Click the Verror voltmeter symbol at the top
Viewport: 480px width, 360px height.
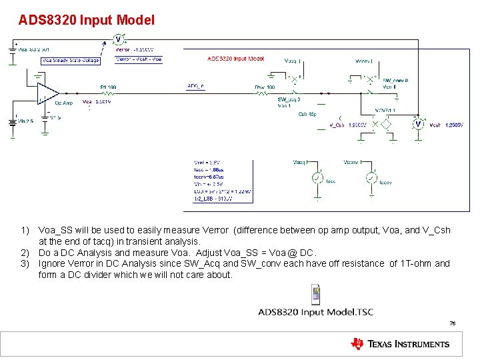coord(118,39)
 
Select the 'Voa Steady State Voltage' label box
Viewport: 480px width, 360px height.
coord(70,60)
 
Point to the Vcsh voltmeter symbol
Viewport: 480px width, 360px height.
coord(418,124)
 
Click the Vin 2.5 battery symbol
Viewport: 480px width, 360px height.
coord(13,122)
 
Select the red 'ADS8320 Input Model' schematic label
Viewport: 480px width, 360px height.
coord(236,59)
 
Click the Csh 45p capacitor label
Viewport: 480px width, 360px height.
coord(307,113)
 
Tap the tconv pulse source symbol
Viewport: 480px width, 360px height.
coord(371,178)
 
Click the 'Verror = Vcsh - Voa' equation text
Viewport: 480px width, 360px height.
coord(139,59)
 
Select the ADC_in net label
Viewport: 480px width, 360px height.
coord(195,85)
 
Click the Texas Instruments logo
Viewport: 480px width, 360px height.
coord(400,344)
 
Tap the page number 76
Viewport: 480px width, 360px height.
coord(452,323)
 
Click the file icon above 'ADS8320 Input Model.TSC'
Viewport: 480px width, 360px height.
coord(315,293)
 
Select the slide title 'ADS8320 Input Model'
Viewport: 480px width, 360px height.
coord(87,21)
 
